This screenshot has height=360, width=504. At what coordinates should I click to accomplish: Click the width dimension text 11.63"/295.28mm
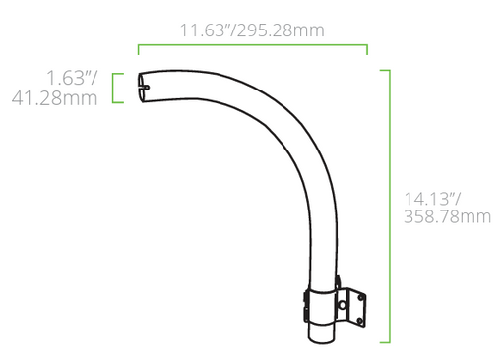(x=251, y=30)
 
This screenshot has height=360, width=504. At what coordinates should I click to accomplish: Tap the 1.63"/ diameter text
(x=73, y=77)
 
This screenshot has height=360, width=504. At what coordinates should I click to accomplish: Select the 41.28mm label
(x=55, y=98)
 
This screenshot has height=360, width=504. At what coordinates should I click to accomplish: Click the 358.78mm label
(x=447, y=217)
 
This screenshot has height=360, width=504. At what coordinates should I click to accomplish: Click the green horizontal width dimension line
(x=252, y=45)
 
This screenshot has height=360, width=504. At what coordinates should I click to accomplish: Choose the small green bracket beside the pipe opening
(x=115, y=88)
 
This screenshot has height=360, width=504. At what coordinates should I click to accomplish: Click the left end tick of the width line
(x=139, y=50)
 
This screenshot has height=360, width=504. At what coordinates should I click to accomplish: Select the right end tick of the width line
(x=367, y=50)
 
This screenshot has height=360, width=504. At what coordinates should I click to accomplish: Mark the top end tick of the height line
(x=384, y=71)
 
